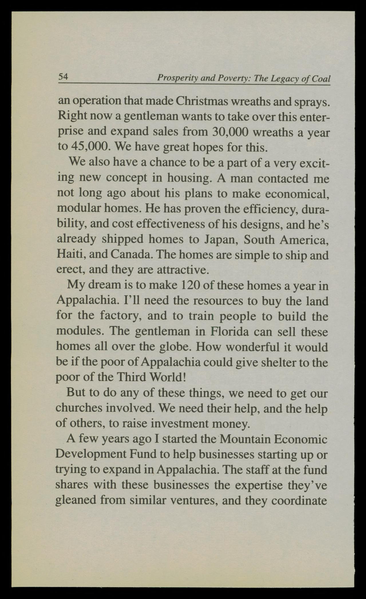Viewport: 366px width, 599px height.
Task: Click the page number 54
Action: [63, 77]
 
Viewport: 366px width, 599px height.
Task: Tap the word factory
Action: [120, 316]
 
